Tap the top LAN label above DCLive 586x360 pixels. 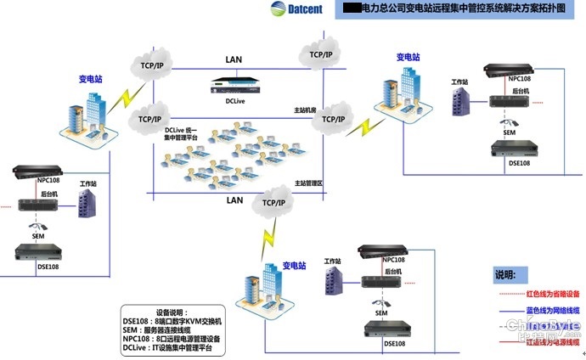[234, 59]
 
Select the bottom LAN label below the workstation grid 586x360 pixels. [234, 200]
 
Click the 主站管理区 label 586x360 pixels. [307, 183]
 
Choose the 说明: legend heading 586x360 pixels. [504, 275]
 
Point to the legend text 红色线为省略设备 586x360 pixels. [553, 293]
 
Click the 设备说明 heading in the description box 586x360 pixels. [177, 312]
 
